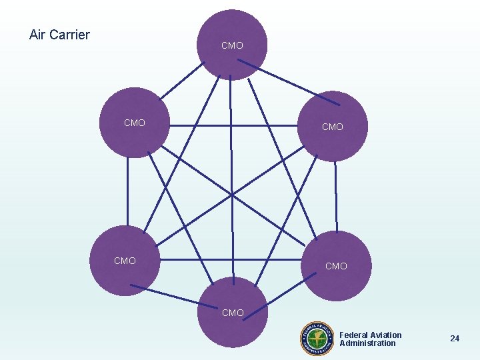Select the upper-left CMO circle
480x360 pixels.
click(134, 123)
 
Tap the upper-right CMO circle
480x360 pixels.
click(333, 127)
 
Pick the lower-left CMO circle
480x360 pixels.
click(125, 261)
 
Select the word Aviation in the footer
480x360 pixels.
click(387, 335)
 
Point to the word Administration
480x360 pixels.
click(367, 343)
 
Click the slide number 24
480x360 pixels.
click(455, 339)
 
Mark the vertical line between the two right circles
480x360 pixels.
click(336, 197)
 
